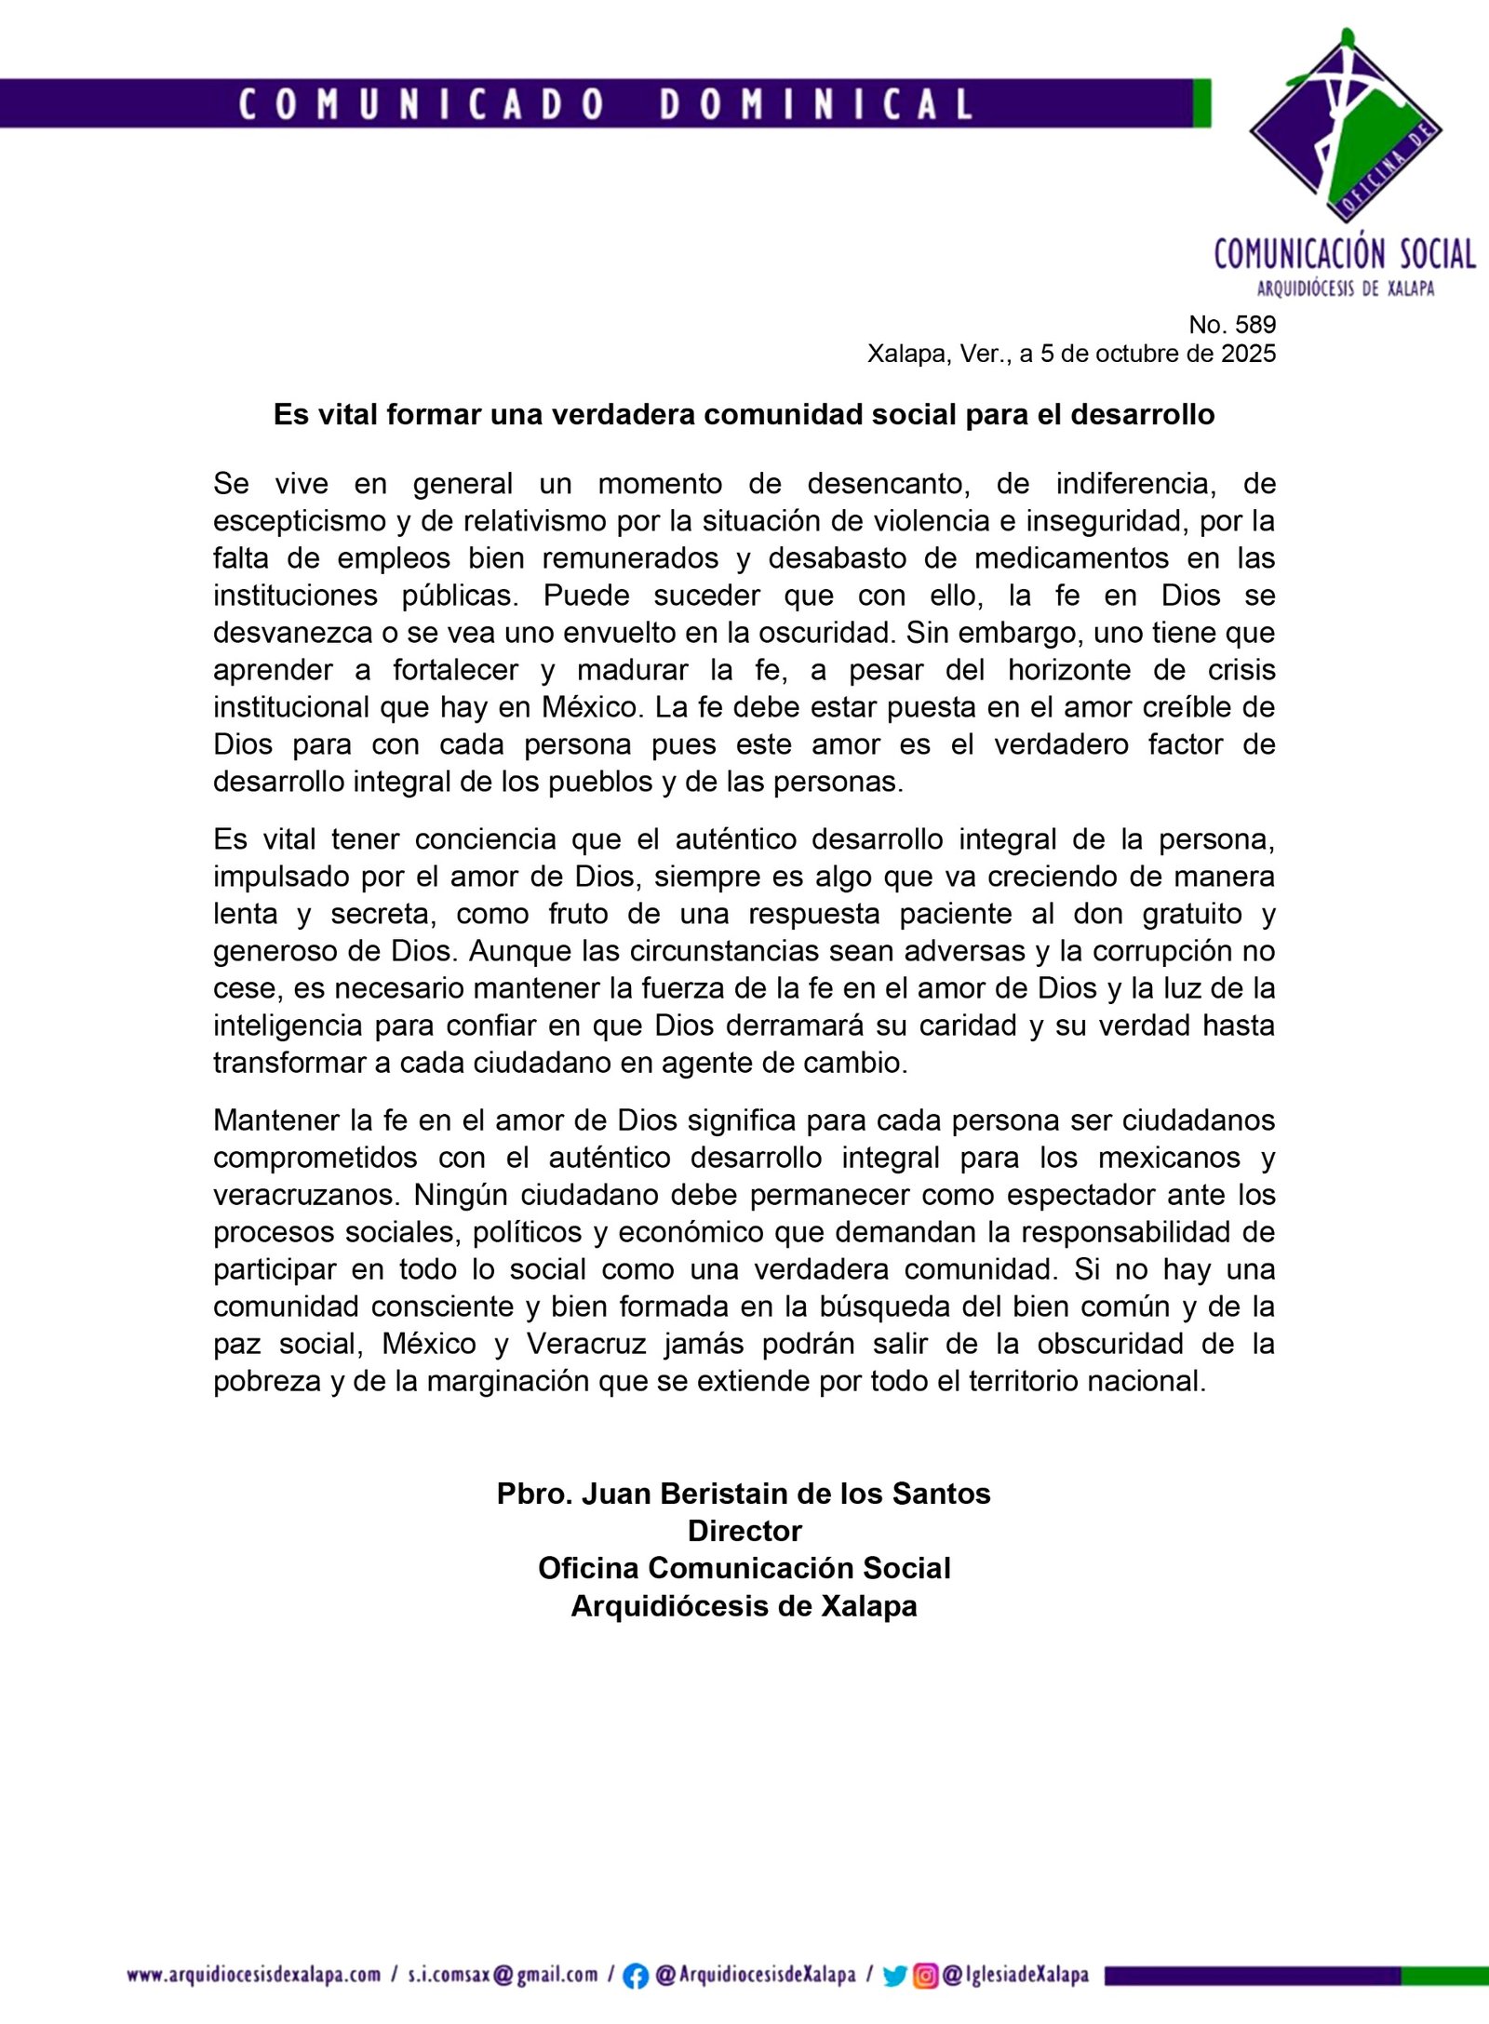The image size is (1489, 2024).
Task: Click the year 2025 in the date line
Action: coord(1248,354)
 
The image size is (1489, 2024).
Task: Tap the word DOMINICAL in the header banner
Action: coord(816,104)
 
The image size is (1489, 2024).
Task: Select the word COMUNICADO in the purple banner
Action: coord(422,104)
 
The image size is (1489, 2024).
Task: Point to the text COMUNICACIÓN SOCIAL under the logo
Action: coord(1345,254)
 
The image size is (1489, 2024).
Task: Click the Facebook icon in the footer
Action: coord(636,1976)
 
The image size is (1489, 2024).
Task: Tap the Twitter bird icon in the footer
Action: coord(894,1976)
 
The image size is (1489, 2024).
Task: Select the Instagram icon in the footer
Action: coord(925,1976)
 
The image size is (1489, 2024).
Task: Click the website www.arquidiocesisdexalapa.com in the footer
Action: coord(254,1975)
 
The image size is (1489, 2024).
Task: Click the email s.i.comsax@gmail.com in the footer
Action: coord(503,1975)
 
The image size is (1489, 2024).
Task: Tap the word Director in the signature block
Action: coord(744,1531)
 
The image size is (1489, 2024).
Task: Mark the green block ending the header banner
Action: coord(1201,103)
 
